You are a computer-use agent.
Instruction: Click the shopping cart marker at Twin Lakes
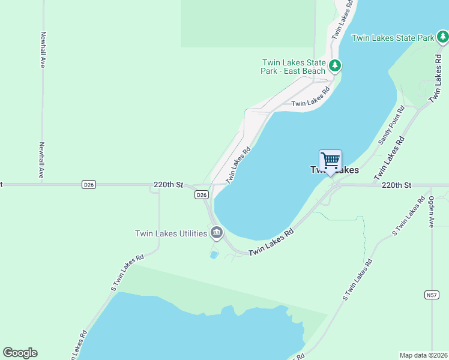(x=330, y=161)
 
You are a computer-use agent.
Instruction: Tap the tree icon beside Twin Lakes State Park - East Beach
(x=334, y=65)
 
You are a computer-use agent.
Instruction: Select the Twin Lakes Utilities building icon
(x=216, y=232)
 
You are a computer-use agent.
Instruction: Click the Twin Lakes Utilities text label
(x=171, y=233)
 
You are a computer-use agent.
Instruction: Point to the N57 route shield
(x=431, y=295)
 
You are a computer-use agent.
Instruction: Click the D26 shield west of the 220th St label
(x=89, y=185)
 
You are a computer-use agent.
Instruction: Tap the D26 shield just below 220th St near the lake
(x=202, y=195)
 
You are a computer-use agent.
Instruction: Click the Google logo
(x=20, y=353)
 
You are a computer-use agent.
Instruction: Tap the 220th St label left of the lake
(x=168, y=185)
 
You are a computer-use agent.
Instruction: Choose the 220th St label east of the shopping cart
(x=396, y=185)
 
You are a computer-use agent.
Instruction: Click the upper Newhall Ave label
(x=43, y=50)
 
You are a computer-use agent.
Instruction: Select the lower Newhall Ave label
(x=43, y=160)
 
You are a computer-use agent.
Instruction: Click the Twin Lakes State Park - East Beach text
(x=294, y=67)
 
